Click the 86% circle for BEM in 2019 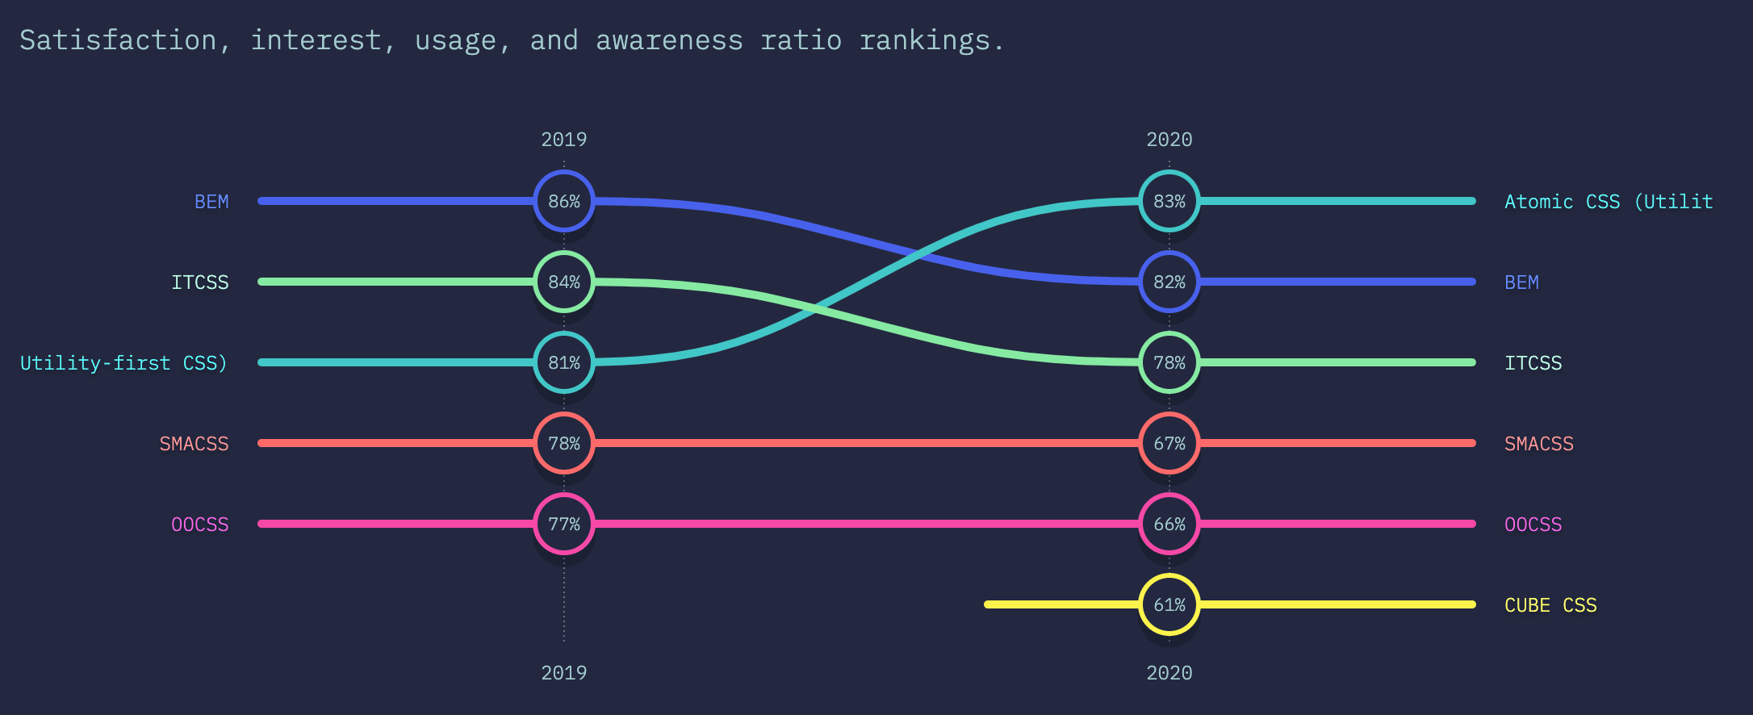pos(564,201)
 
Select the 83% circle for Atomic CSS pos(1169,201)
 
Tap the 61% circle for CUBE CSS pos(1169,604)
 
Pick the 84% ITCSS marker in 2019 pos(564,282)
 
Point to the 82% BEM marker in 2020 pos(1169,282)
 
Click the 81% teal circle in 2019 pos(564,362)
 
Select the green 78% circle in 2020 pos(1169,362)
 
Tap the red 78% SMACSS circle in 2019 pos(564,443)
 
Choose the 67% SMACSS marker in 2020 pos(1169,443)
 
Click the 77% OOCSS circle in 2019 pos(564,524)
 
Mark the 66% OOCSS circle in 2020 pos(1169,524)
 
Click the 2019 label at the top pos(564,140)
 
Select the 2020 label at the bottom pos(1169,673)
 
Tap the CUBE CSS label pos(1550,605)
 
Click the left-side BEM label pos(211,202)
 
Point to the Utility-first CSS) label pos(123,363)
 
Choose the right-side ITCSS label pos(1533,363)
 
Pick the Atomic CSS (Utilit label pos(1609,202)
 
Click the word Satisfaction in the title pos(118,40)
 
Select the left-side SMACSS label pos(194,444)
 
